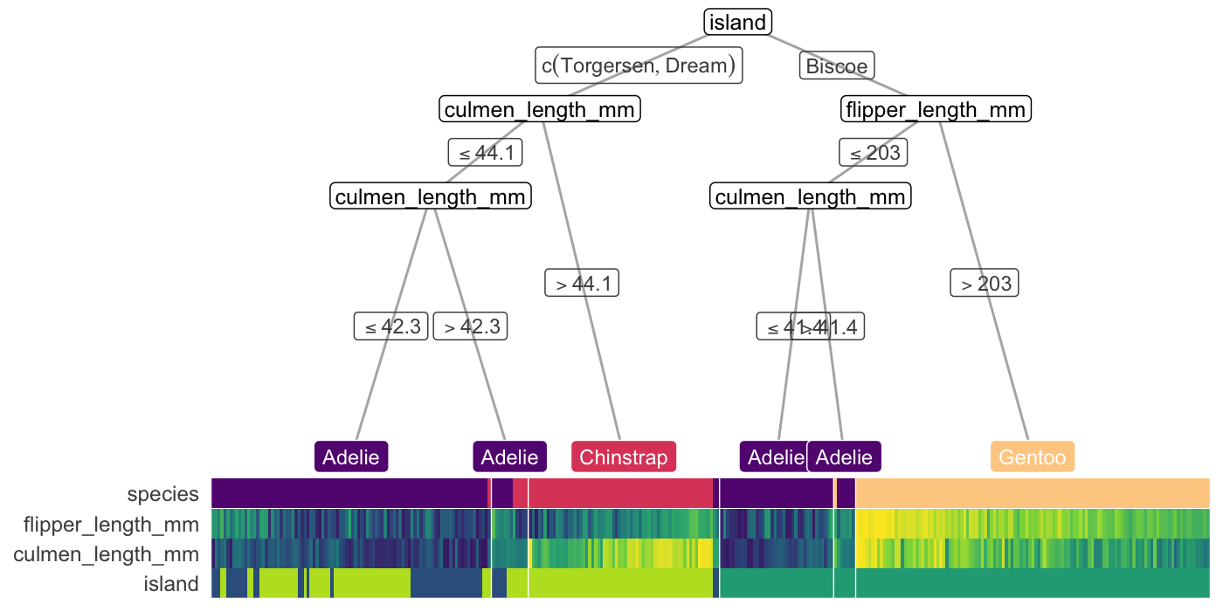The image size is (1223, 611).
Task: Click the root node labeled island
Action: [x=737, y=22]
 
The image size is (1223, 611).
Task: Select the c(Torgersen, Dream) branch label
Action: [x=639, y=65]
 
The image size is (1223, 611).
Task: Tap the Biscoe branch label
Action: [x=837, y=65]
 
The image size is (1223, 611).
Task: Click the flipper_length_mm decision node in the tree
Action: [x=936, y=110]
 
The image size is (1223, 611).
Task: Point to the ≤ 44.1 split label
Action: [x=486, y=153]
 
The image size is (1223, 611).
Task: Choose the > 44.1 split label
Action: [x=582, y=284]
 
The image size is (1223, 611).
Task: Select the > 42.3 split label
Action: [x=471, y=326]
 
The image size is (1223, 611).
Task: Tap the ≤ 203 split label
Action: [x=874, y=153]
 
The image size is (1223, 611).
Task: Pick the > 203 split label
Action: [x=985, y=284]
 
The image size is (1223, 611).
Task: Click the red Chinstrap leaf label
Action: [x=624, y=457]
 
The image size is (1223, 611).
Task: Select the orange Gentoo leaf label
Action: [x=1033, y=457]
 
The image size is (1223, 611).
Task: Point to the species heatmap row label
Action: [x=162, y=494]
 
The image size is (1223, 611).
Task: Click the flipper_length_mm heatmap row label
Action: [x=111, y=525]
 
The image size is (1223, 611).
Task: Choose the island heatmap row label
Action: [x=172, y=583]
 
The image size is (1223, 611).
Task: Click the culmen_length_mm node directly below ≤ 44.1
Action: [x=431, y=196]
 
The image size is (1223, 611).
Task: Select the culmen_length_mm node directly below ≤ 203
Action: [x=811, y=196]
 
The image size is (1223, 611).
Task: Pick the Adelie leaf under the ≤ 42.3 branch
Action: [x=351, y=457]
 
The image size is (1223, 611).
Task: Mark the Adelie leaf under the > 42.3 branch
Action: [x=510, y=457]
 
